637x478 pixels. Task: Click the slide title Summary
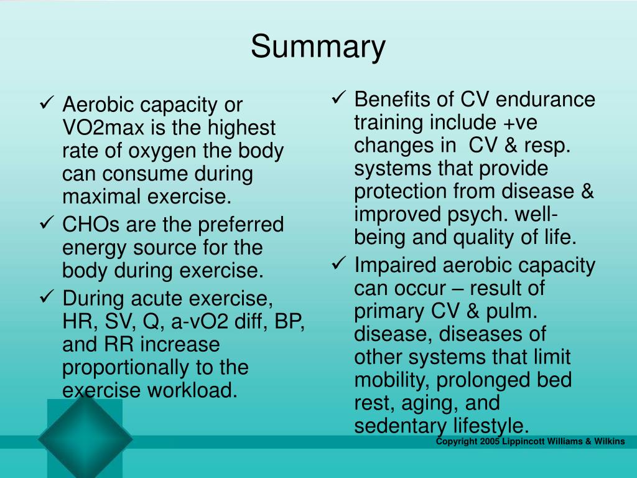coord(318,48)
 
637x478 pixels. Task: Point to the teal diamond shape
coord(85,438)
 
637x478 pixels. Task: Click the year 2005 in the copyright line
coord(490,441)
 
